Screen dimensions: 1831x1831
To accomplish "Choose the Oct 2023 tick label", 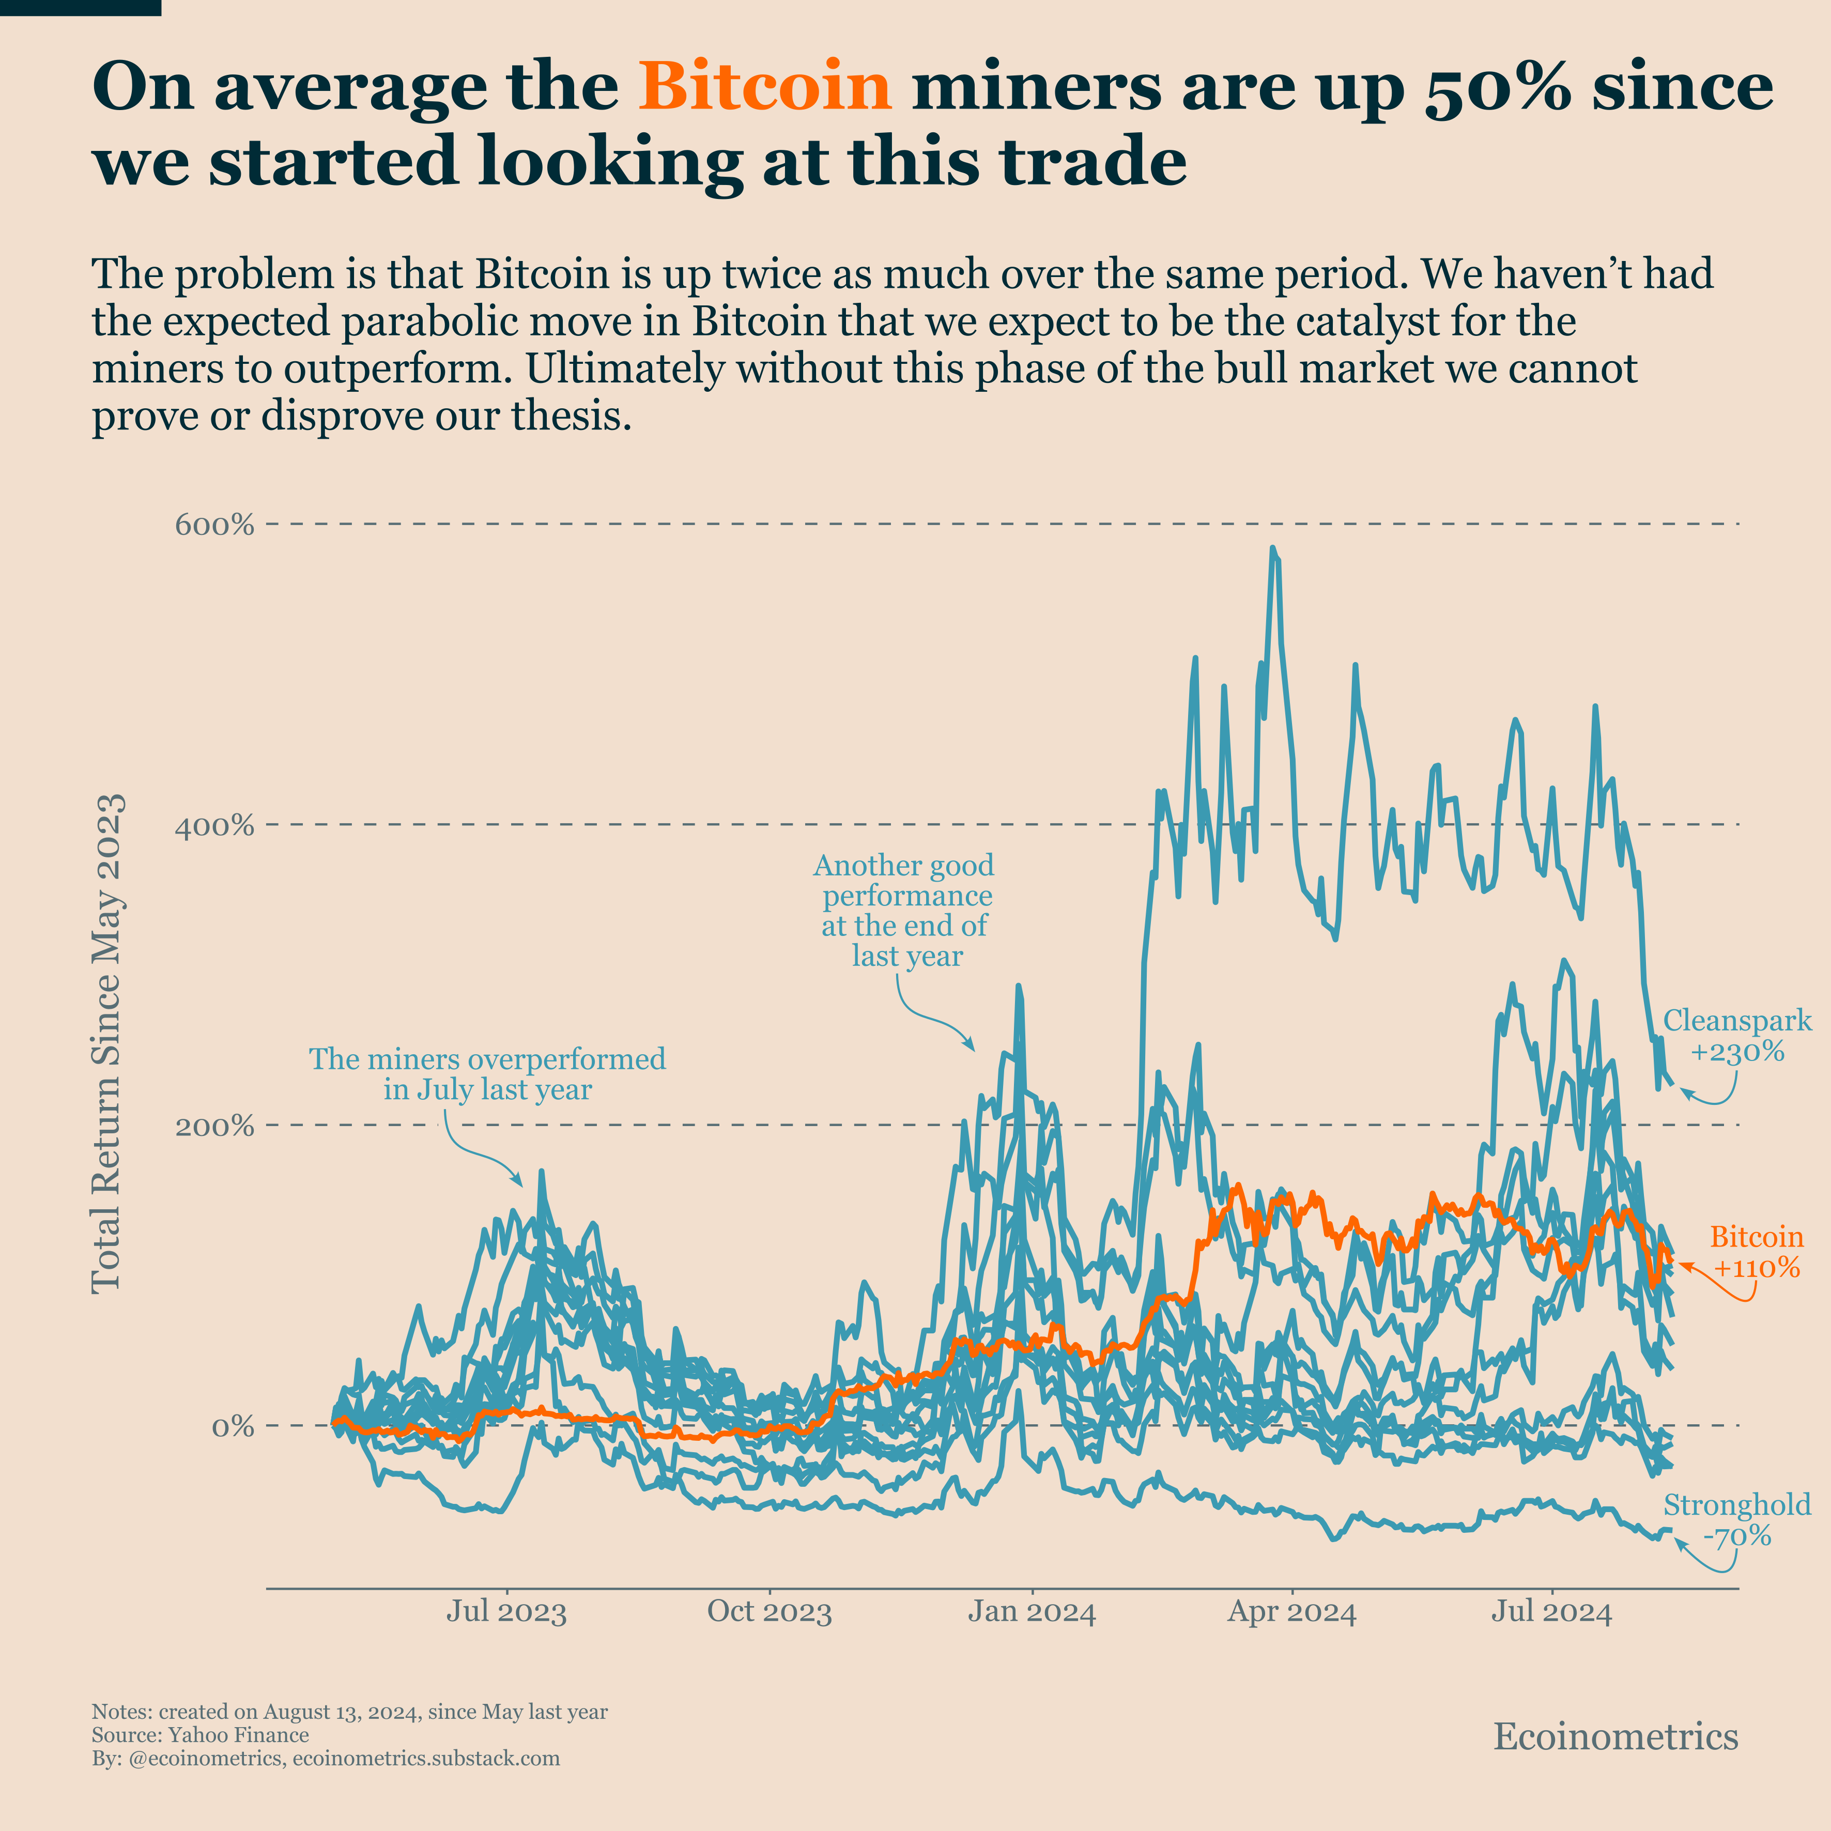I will (x=770, y=1612).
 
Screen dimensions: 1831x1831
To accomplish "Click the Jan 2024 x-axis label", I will (x=1031, y=1612).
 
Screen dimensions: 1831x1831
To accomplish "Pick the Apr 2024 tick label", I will (x=1292, y=1612).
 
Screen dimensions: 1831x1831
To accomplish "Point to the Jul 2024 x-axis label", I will (x=1551, y=1612).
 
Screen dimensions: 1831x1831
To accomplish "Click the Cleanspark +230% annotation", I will (x=1737, y=1036).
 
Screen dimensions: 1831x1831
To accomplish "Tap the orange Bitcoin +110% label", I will (x=1756, y=1252).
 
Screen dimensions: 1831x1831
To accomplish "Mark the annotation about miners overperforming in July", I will (x=487, y=1074).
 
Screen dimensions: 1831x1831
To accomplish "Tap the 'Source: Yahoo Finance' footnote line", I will (x=200, y=1735).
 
